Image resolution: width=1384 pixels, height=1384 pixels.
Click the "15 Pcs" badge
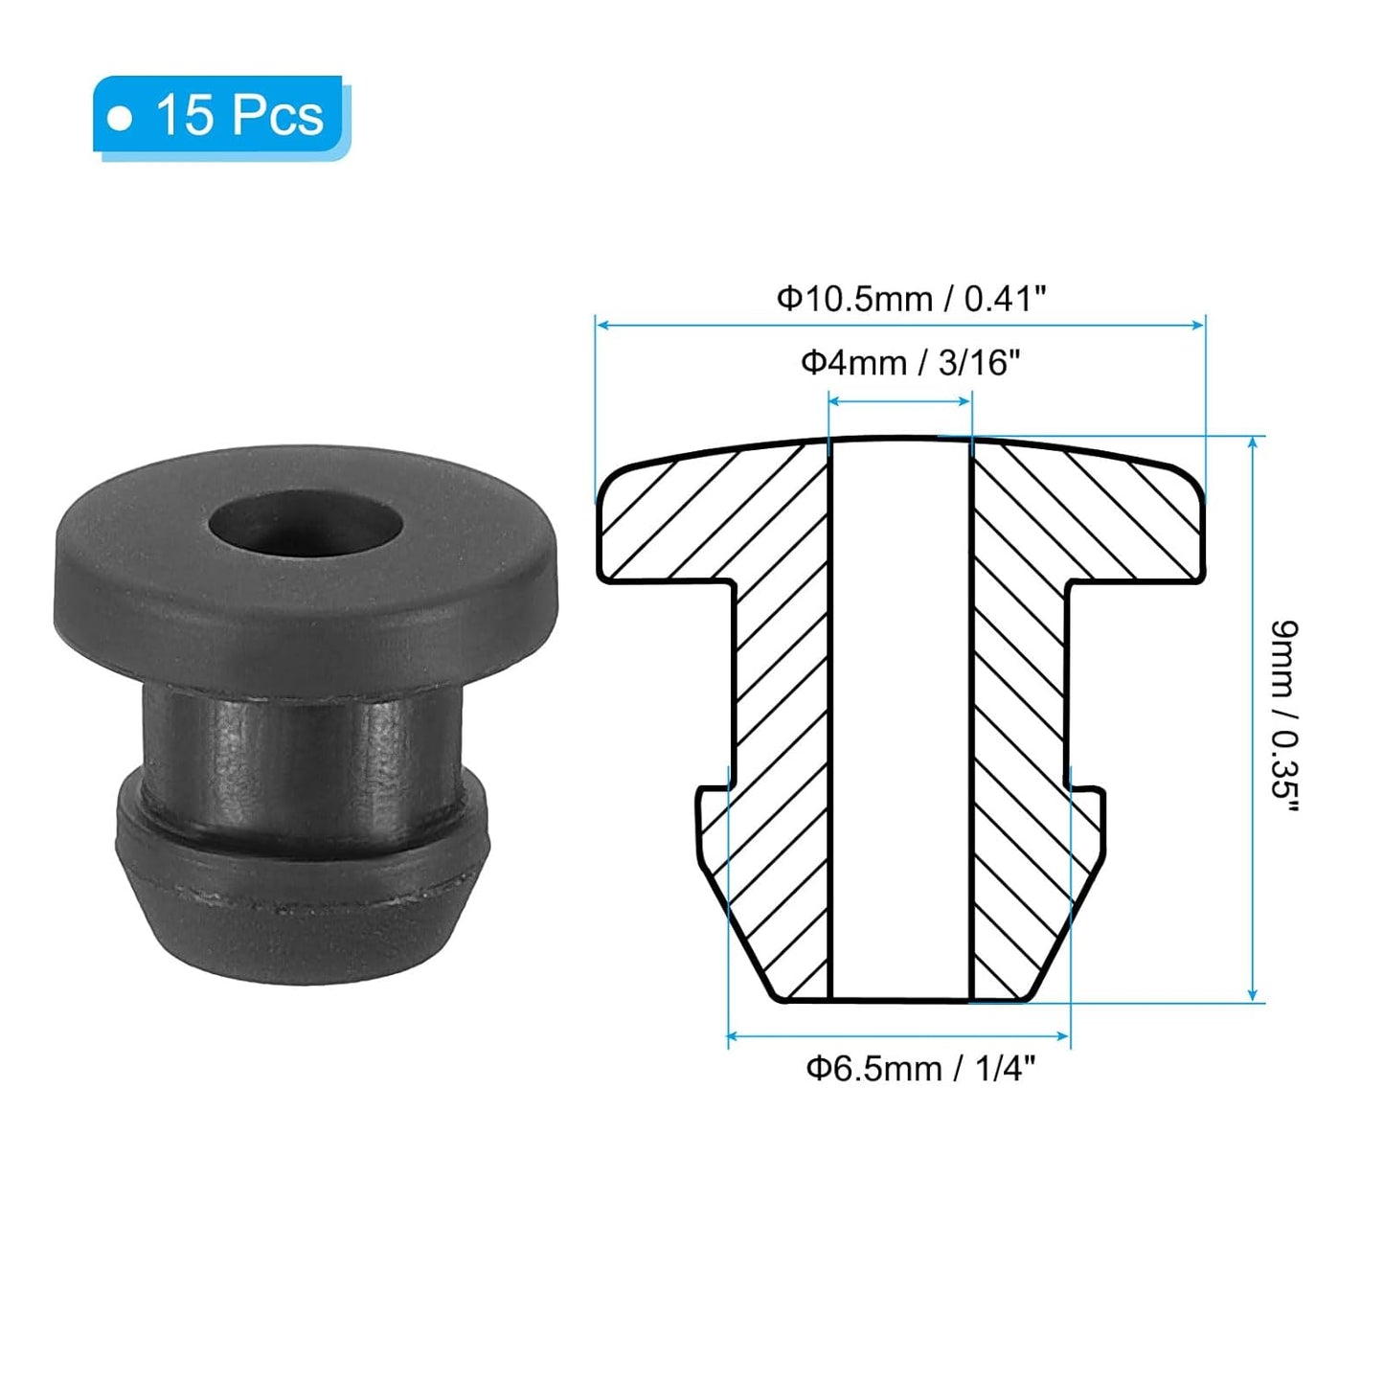(220, 115)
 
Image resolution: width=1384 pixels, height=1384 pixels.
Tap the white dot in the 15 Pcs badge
(120, 119)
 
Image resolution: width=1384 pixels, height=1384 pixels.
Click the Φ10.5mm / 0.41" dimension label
(910, 299)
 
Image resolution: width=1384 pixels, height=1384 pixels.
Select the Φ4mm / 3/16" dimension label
(910, 363)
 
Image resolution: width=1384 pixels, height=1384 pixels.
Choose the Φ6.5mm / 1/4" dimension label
(920, 1068)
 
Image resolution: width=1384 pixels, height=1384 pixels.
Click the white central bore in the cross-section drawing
(900, 718)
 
